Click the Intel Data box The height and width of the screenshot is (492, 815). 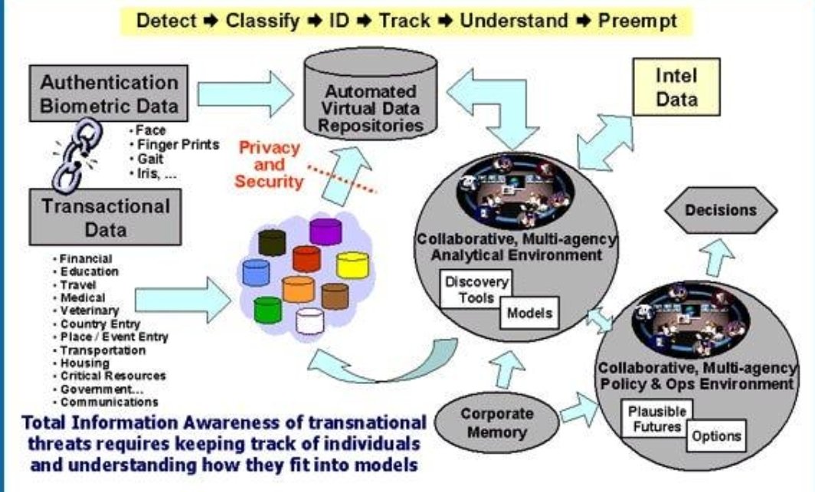(x=676, y=89)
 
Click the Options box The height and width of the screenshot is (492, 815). (x=716, y=436)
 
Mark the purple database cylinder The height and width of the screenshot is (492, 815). (x=326, y=231)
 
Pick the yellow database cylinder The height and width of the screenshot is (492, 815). (x=353, y=265)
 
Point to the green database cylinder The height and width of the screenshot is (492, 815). (x=267, y=309)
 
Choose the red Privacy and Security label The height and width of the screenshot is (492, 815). (x=269, y=165)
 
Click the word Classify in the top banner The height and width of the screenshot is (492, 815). (x=262, y=21)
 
